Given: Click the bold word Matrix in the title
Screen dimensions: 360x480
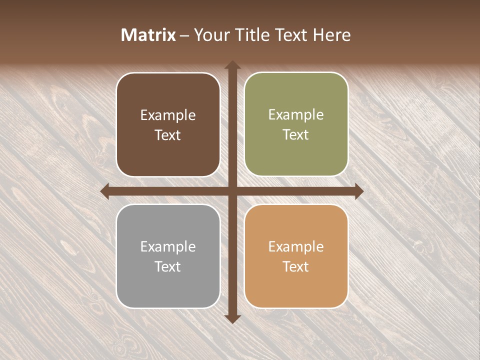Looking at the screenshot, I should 148,35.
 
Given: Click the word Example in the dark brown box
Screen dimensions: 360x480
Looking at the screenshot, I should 168,115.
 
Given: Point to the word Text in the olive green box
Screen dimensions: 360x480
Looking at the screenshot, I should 296,135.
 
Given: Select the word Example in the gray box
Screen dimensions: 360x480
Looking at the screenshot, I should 168,247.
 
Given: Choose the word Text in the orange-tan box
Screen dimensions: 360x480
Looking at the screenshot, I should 296,266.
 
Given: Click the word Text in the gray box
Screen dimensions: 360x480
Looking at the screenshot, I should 168,266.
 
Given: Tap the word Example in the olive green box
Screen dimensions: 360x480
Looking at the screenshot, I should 296,115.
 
